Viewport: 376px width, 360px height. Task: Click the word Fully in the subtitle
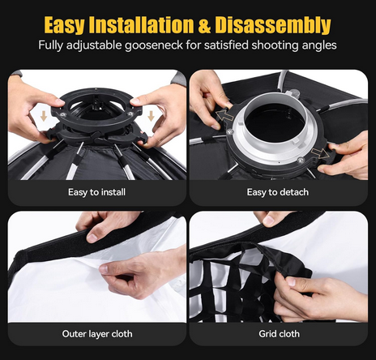coord(53,45)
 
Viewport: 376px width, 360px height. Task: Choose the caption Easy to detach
coord(279,192)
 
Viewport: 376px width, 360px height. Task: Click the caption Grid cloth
coord(279,333)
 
